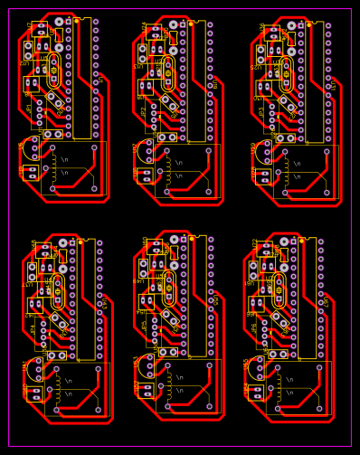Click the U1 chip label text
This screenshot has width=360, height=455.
pyautogui.click(x=100, y=78)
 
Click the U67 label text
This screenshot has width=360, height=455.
pyautogui.click(x=215, y=299)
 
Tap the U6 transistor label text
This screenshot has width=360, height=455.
pyautogui.click(x=21, y=146)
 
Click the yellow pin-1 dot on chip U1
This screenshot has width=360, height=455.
pyautogui.click(x=76, y=19)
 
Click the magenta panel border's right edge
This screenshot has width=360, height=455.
pyautogui.click(x=351, y=226)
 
